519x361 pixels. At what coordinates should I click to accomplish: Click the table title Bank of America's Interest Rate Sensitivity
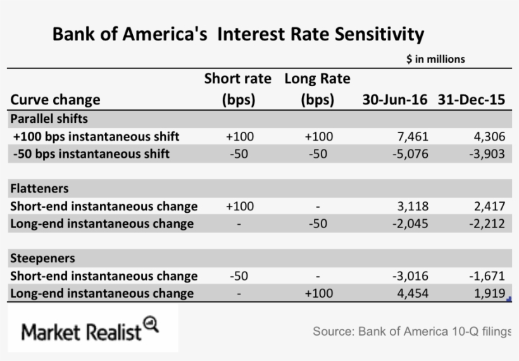(238, 34)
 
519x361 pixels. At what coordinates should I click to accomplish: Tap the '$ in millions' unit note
(435, 59)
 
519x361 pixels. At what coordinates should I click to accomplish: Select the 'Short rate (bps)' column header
(237, 89)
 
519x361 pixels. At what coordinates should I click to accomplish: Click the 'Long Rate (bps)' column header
(317, 89)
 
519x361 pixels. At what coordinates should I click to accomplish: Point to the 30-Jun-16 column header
(394, 100)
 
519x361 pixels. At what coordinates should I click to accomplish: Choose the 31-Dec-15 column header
(471, 100)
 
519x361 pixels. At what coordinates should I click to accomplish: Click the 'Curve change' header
(56, 100)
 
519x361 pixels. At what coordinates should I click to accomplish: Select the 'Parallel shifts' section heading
(49, 118)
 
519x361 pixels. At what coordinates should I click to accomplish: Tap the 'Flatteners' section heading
(40, 189)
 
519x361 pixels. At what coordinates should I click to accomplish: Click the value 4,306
(489, 136)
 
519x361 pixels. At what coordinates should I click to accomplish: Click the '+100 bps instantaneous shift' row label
(96, 136)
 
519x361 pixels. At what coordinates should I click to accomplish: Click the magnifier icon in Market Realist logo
(151, 324)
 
